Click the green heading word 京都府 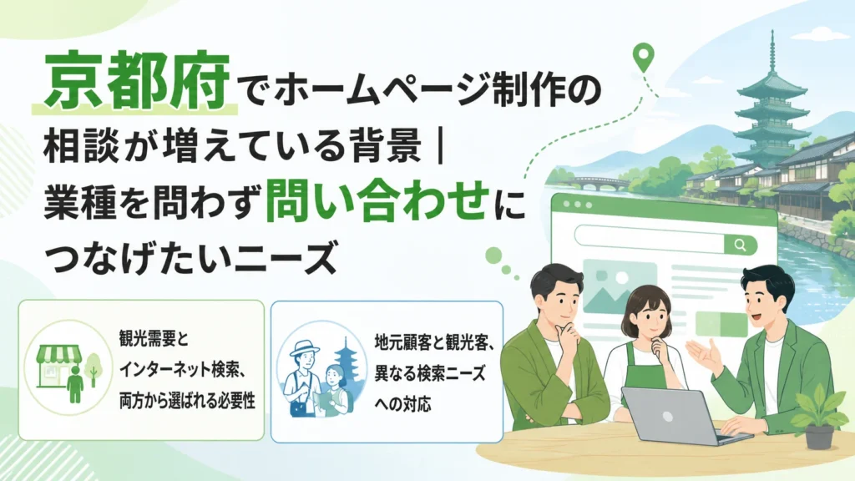[x=136, y=82]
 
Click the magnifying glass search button [x=740, y=245]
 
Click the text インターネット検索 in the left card [x=180, y=370]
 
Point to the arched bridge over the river [x=598, y=182]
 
